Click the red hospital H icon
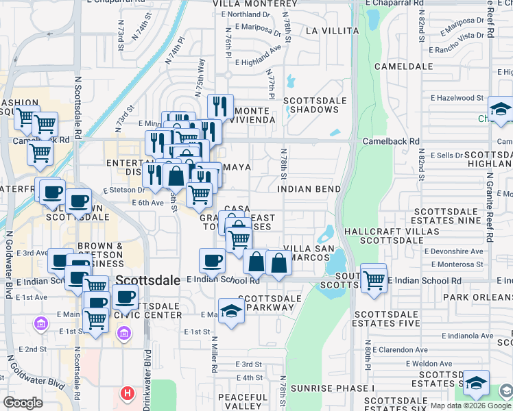point(127,394)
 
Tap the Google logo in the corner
point(23,403)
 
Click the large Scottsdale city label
point(149,280)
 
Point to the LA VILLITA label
point(332,31)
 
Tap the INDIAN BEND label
point(309,188)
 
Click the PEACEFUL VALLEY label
point(243,403)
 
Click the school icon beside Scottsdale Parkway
point(232,310)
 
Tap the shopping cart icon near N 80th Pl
point(373,278)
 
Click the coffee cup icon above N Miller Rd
point(213,260)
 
